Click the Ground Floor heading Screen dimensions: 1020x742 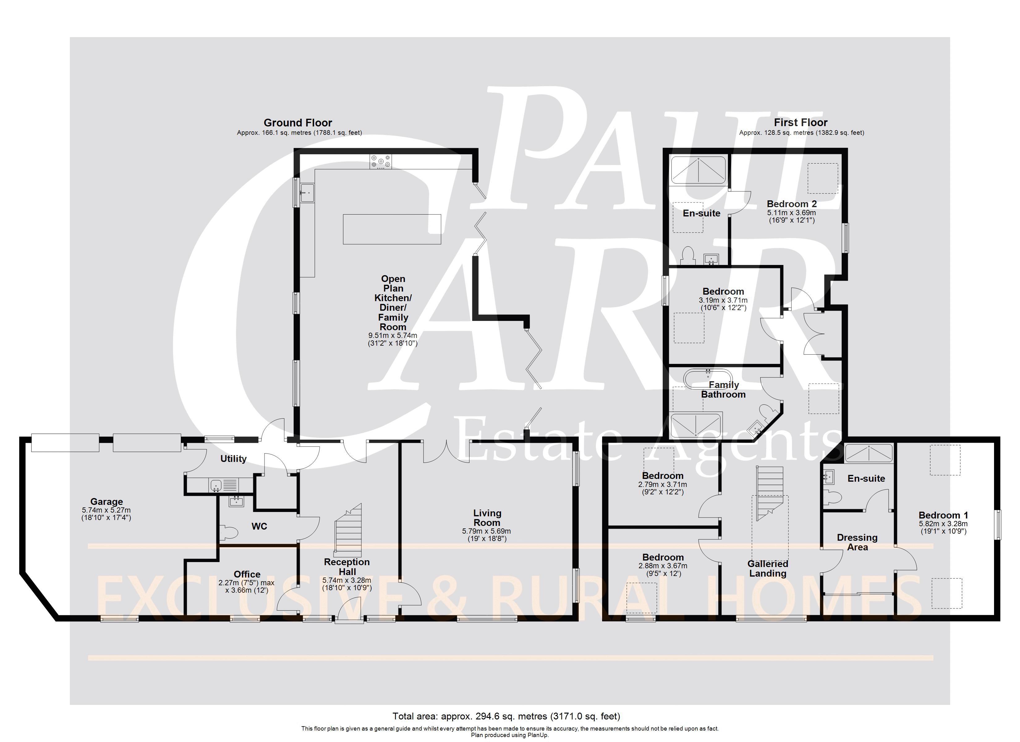(x=298, y=122)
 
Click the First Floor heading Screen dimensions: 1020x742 (x=801, y=122)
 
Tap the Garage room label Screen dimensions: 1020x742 (x=107, y=501)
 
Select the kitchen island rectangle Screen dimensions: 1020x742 (x=392, y=229)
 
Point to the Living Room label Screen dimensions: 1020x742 (x=487, y=518)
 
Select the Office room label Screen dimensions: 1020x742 (x=247, y=574)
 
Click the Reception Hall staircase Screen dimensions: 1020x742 (x=349, y=530)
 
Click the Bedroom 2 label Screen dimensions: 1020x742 (x=792, y=204)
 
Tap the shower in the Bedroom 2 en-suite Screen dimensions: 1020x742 (x=698, y=170)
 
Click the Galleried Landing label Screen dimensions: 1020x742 (x=768, y=568)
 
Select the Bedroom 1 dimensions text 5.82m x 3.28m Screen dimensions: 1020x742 (x=943, y=524)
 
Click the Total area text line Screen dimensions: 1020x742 (x=506, y=716)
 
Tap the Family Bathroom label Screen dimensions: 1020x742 (x=724, y=390)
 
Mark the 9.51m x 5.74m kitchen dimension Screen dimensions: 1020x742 (x=393, y=335)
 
